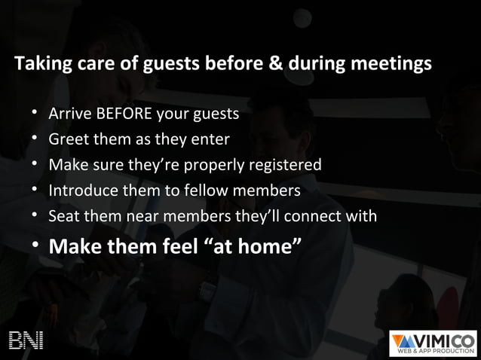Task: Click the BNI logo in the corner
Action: tap(26, 340)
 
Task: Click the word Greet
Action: tap(68, 139)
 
